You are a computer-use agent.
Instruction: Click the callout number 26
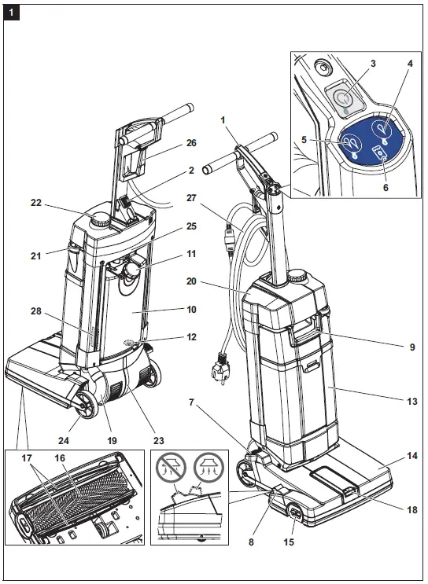191,143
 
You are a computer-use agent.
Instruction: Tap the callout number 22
35,203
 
